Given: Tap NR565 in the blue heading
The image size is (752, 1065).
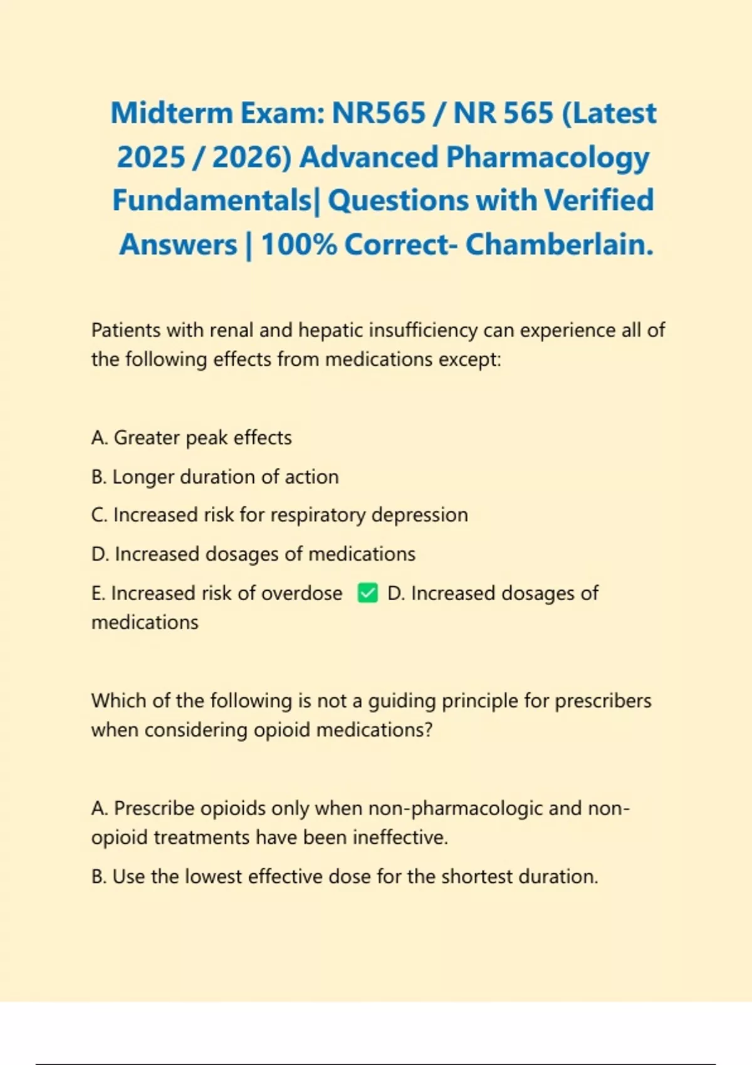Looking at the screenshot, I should pyautogui.click(x=379, y=113).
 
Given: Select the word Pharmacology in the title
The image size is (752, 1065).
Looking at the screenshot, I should pyautogui.click(x=547, y=157).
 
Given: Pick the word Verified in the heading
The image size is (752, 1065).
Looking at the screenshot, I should pyautogui.click(x=598, y=200).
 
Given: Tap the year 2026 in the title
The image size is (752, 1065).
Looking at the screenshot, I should pyautogui.click(x=251, y=157).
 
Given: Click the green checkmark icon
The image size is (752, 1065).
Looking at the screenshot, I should pyautogui.click(x=367, y=593).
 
